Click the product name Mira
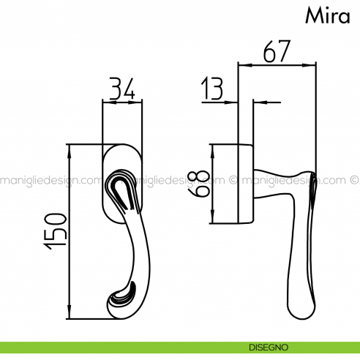click(328, 17)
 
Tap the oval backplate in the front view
click(123, 161)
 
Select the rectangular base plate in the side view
click(245, 184)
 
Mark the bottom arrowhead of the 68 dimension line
click(211, 222)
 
